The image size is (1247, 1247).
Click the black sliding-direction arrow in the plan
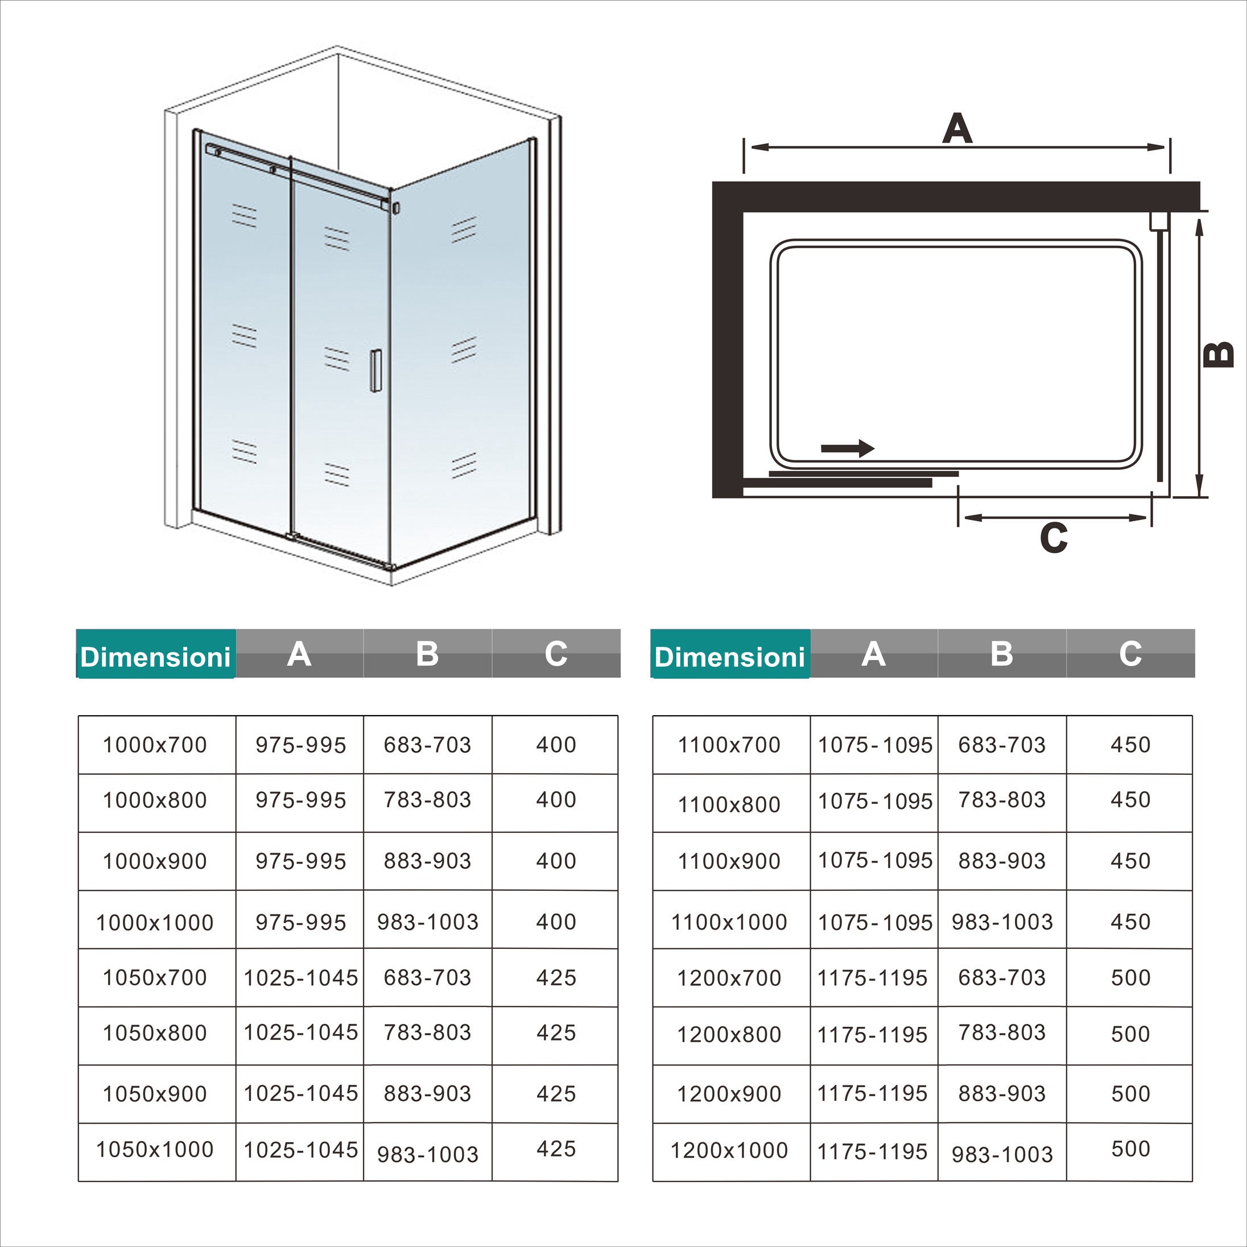click(x=848, y=448)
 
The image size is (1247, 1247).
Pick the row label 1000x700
click(x=155, y=745)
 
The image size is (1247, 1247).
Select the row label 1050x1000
click(x=155, y=1150)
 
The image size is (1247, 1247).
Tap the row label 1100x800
click(x=729, y=805)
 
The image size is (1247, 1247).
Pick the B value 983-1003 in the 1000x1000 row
click(x=428, y=922)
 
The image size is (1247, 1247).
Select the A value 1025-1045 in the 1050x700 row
click(x=301, y=978)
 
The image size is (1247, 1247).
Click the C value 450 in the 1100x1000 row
click(x=1130, y=922)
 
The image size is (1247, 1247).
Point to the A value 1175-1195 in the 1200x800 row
click(x=872, y=1035)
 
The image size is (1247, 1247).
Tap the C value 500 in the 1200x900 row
click(x=1130, y=1093)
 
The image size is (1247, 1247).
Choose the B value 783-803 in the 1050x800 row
click(x=427, y=1033)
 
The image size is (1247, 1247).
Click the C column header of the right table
click(x=1130, y=654)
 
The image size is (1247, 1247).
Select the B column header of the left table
click(x=427, y=654)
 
